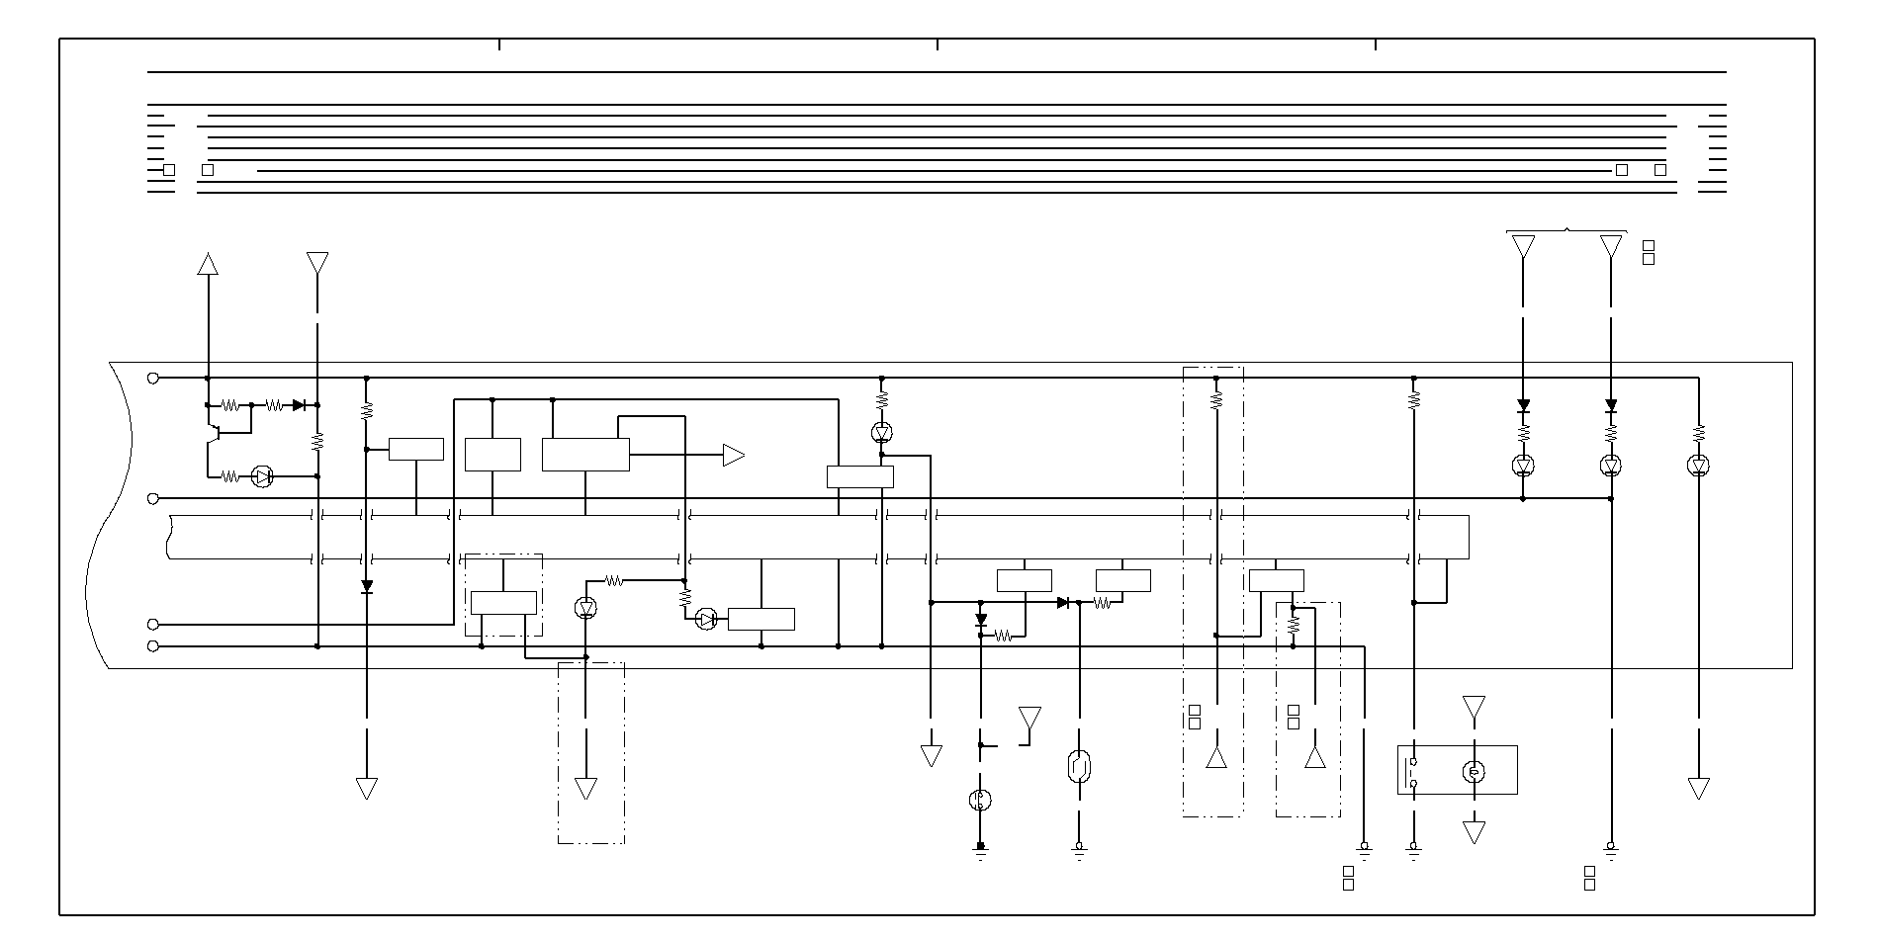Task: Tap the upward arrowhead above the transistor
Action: pyautogui.click(x=208, y=263)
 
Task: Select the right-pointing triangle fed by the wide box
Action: pyautogui.click(x=733, y=455)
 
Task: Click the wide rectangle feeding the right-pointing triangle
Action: pyautogui.click(x=585, y=455)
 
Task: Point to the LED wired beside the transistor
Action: pyautogui.click(x=262, y=476)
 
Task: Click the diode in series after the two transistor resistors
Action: pyautogui.click(x=299, y=405)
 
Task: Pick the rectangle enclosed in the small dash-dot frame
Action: pyautogui.click(x=503, y=602)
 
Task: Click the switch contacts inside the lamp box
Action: pyautogui.click(x=1414, y=772)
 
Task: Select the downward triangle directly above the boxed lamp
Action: pyautogui.click(x=1474, y=708)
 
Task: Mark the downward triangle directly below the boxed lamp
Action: pyautogui.click(x=1474, y=832)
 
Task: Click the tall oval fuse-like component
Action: pyautogui.click(x=1079, y=766)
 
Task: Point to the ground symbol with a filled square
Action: pyautogui.click(x=980, y=849)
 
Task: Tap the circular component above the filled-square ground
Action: pyautogui.click(x=980, y=800)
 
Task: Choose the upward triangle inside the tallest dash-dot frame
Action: pyautogui.click(x=1216, y=758)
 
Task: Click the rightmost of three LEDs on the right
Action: pyautogui.click(x=1699, y=466)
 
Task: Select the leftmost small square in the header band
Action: pyautogui.click(x=169, y=170)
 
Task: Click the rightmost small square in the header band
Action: pyautogui.click(x=1660, y=170)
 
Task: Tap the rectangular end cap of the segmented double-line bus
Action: pyautogui.click(x=1444, y=537)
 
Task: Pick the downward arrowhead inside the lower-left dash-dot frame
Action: pyautogui.click(x=585, y=789)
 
